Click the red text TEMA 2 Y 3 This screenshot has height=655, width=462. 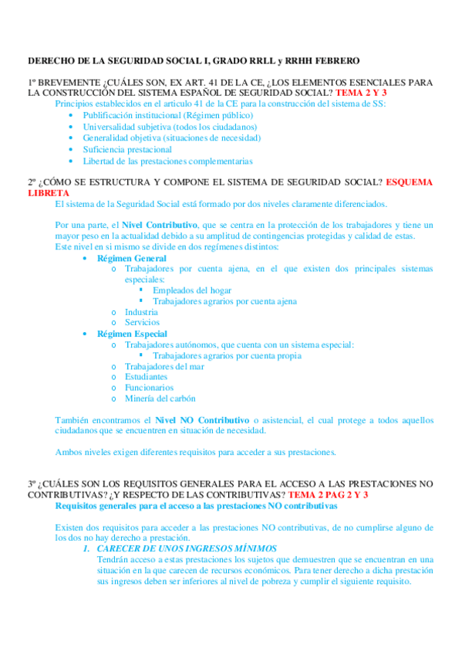pos(361,92)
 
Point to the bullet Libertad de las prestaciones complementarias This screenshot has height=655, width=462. pos(167,161)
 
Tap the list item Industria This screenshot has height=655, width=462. pos(141,312)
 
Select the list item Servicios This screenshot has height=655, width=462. pos(142,322)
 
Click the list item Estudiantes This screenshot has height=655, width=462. pos(146,377)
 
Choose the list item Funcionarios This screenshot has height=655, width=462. pos(149,388)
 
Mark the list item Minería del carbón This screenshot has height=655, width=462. pos(160,399)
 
